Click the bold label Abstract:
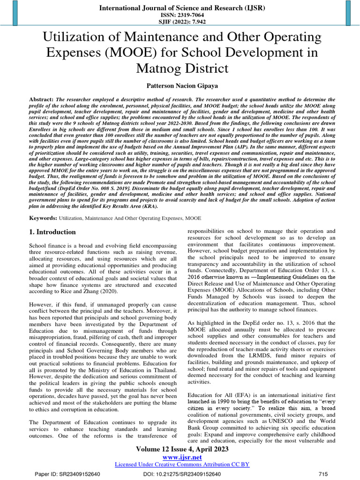click(x=41, y=100)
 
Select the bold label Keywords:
click(x=43, y=218)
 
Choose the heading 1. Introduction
click(x=52, y=232)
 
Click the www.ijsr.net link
click(x=182, y=457)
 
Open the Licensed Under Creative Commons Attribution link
click(x=182, y=464)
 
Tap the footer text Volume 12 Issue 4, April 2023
click(x=182, y=449)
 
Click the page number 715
click(x=323, y=474)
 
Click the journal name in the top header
click(x=182, y=7)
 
